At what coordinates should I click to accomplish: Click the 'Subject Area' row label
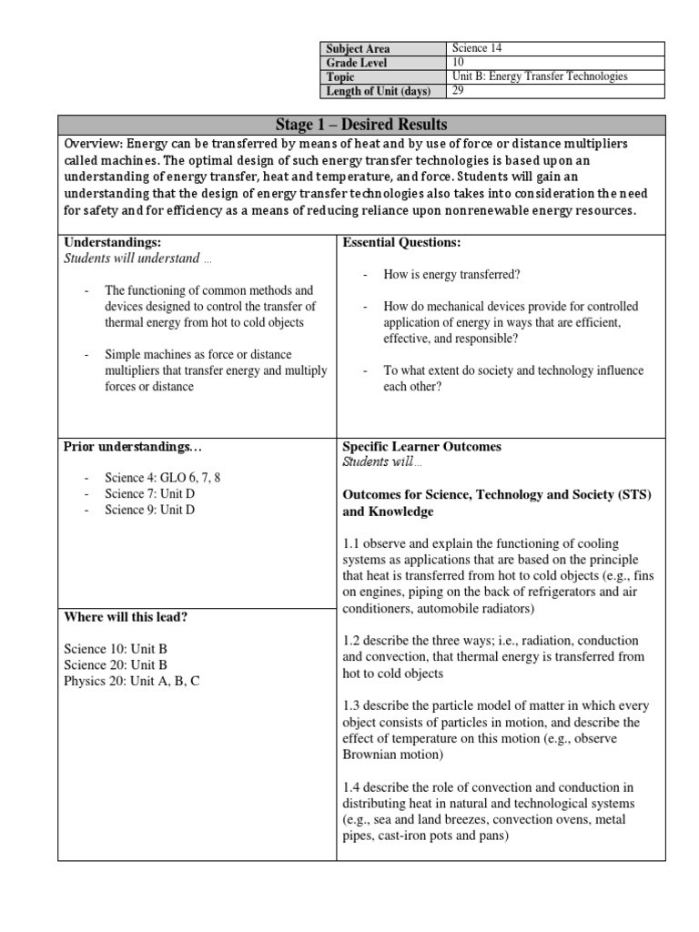358,49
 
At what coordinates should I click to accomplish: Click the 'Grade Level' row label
356,63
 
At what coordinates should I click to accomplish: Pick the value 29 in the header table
458,90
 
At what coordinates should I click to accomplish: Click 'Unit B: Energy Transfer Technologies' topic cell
540,76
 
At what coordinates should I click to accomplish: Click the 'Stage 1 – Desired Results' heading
361,125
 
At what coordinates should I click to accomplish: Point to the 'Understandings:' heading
113,242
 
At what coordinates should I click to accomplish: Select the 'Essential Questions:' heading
401,242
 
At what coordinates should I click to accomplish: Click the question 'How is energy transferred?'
441,274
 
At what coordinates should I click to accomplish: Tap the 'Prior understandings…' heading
127,447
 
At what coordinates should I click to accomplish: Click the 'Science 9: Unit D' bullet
149,510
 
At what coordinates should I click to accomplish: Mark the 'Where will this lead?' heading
126,617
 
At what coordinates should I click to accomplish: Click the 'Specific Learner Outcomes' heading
421,447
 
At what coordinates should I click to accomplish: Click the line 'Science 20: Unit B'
116,664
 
